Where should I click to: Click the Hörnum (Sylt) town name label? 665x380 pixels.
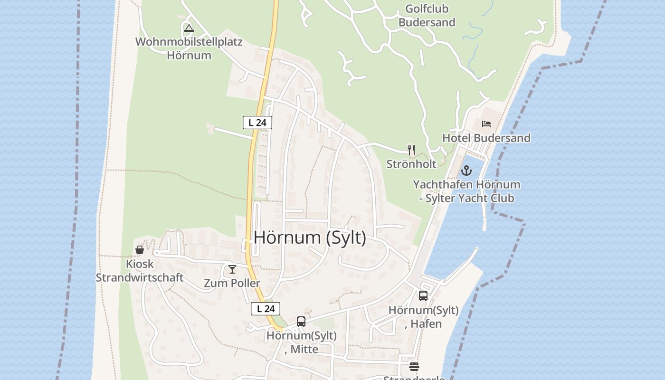click(310, 237)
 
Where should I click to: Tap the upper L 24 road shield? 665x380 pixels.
click(257, 123)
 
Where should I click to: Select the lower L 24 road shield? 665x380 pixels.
click(266, 309)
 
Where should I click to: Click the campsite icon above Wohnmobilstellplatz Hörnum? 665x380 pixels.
click(189, 28)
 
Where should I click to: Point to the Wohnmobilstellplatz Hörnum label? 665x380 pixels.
click(189, 48)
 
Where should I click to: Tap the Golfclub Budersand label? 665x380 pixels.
click(427, 16)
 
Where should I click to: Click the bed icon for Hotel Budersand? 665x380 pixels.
click(486, 124)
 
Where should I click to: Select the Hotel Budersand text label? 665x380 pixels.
click(486, 138)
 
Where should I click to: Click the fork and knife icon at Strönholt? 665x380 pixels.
click(411, 150)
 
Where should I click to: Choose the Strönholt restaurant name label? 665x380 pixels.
click(411, 164)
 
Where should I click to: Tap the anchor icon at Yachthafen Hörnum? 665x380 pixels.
click(466, 170)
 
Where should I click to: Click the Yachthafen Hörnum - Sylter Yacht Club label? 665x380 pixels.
click(466, 191)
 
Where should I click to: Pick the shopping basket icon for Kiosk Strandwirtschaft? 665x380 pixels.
click(140, 250)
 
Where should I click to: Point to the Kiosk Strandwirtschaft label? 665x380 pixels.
click(140, 271)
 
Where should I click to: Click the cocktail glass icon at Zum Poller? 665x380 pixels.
click(232, 269)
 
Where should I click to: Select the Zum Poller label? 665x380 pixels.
click(232, 284)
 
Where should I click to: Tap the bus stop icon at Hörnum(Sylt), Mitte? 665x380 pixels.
click(301, 322)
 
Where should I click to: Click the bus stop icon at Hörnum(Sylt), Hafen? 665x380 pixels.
click(423, 296)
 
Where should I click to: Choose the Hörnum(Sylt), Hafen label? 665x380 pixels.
click(423, 317)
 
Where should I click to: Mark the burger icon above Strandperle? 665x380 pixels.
click(414, 367)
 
